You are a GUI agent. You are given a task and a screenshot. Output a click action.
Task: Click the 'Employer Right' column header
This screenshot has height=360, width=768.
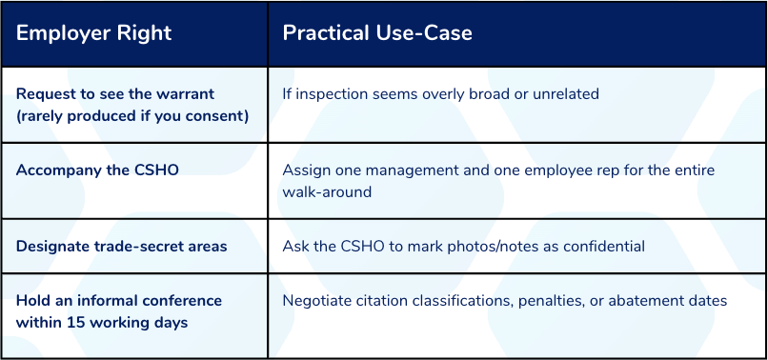pos(93,33)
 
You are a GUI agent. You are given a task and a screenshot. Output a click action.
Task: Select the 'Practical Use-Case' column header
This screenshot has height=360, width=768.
pos(377,33)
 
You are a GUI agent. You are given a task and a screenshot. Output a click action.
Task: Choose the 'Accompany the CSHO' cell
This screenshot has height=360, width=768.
pos(97,170)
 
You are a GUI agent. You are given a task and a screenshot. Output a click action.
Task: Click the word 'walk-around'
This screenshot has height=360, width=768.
pos(327,191)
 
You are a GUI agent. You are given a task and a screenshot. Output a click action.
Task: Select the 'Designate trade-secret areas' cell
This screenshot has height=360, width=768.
pos(121,246)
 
